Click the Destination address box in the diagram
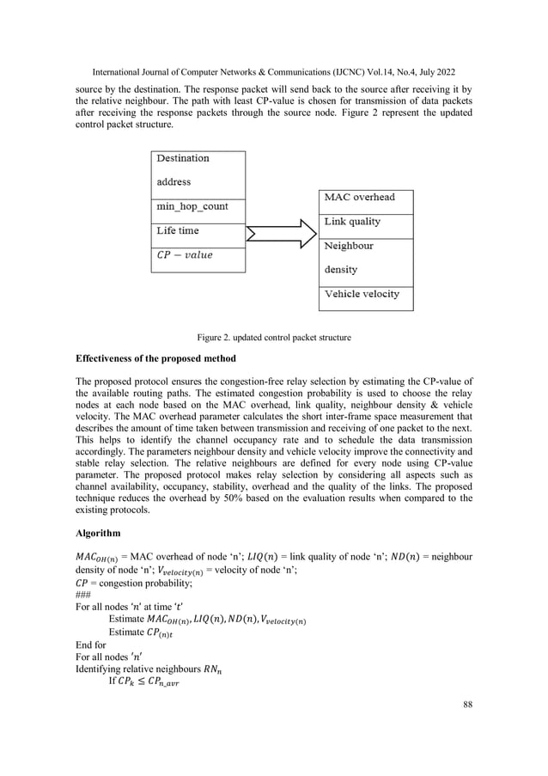click(198, 170)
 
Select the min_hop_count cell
click(198, 207)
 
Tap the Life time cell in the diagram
click(198, 230)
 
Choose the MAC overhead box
click(365, 198)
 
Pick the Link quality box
click(365, 222)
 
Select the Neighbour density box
click(365, 257)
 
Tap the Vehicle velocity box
click(365, 294)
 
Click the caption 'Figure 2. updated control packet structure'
click(273, 338)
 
